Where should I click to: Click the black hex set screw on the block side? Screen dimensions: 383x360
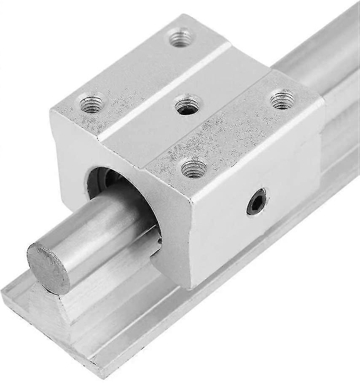pos(256,201)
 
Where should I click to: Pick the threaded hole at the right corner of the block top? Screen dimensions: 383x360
pos(282,100)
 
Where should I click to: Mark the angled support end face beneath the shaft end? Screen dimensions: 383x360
pos(46,312)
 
